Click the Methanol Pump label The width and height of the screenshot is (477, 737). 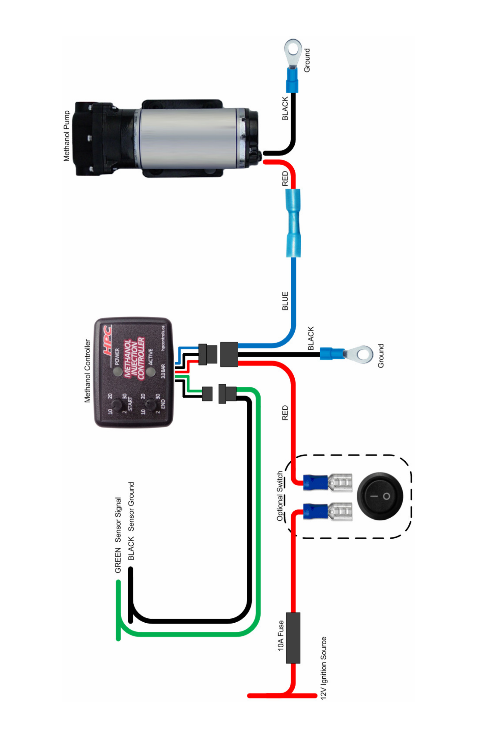pos(67,136)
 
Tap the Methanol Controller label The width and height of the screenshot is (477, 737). pos(87,371)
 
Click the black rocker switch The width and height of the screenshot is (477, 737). pos(380,496)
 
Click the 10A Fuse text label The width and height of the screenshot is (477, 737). pos(280,635)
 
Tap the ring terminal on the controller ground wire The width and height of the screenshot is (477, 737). pos(362,354)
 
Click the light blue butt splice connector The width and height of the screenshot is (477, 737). pos(293,223)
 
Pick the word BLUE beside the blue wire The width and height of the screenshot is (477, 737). pos(285,301)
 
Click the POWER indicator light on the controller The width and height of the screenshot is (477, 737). pos(118,371)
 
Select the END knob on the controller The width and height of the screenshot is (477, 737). pos(150,404)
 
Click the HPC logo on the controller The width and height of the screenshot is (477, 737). pos(107,340)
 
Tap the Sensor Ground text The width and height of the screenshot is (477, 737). pos(131,506)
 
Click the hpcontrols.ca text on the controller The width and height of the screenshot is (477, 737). pos(163,338)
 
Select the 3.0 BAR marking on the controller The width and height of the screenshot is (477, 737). pos(163,371)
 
